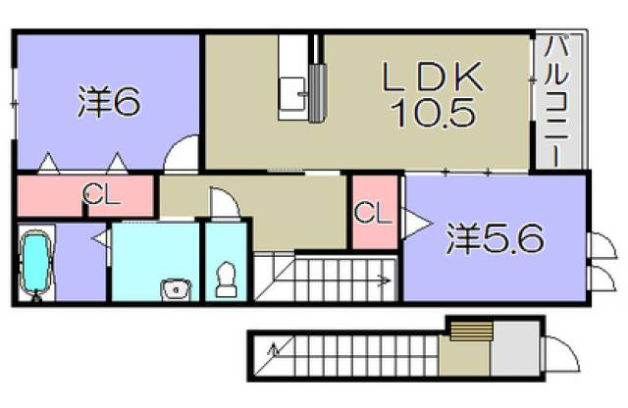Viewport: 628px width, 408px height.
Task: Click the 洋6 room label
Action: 108,102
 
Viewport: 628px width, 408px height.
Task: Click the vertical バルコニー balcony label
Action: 555,101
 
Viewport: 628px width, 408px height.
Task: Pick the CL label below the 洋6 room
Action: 101,194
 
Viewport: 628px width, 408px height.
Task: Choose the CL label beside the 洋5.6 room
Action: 371,211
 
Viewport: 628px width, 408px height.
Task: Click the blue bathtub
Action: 37,263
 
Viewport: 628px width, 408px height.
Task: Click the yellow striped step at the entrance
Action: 467,331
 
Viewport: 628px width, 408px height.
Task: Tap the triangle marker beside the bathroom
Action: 100,236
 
